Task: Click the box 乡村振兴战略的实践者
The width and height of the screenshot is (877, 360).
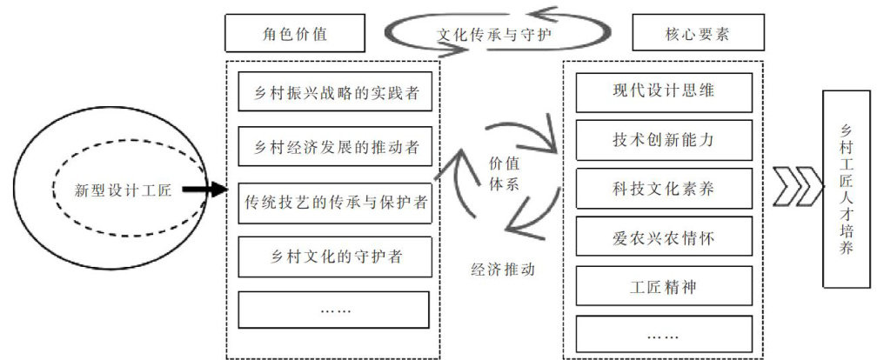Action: pyautogui.click(x=333, y=92)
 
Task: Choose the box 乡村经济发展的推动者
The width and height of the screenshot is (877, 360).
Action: pyautogui.click(x=333, y=146)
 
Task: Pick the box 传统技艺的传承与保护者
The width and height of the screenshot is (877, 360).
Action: pyautogui.click(x=333, y=201)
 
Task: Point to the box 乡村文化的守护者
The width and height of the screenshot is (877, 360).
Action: pyautogui.click(x=333, y=256)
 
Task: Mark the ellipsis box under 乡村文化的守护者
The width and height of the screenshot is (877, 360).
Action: pyautogui.click(x=333, y=309)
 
